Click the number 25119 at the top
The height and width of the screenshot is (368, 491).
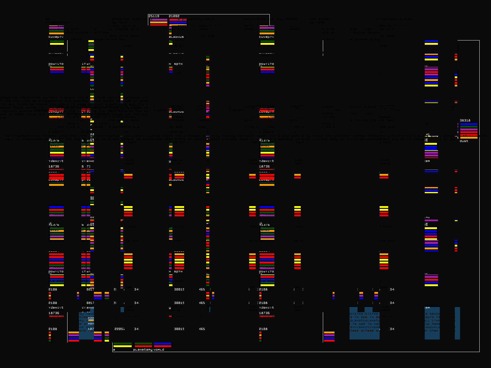(154, 16)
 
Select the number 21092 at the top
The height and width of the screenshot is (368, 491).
(174, 16)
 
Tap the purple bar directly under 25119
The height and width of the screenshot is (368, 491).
(159, 20)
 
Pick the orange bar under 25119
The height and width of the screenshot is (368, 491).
(159, 22)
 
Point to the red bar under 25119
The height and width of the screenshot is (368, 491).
(159, 25)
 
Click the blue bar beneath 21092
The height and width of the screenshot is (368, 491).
(178, 22)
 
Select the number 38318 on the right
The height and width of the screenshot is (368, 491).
(465, 121)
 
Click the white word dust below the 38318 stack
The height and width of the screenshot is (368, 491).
(464, 141)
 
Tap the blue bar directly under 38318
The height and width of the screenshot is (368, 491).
(469, 124)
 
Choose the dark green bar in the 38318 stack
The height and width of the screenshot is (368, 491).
(469, 127)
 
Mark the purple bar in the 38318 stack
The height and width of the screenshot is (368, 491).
(469, 129)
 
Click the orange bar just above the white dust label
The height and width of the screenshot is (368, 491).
(469, 138)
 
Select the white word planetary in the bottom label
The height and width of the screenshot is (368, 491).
(143, 350)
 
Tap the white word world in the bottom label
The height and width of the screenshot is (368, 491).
(159, 350)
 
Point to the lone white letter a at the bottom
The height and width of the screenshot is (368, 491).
(114, 350)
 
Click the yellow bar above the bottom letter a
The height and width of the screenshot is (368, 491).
(122, 346)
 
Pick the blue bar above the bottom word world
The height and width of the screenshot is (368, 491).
(162, 344)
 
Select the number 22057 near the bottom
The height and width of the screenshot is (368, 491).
(119, 329)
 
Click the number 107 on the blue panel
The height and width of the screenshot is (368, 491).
(91, 329)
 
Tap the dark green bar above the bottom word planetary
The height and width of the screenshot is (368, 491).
(143, 344)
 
